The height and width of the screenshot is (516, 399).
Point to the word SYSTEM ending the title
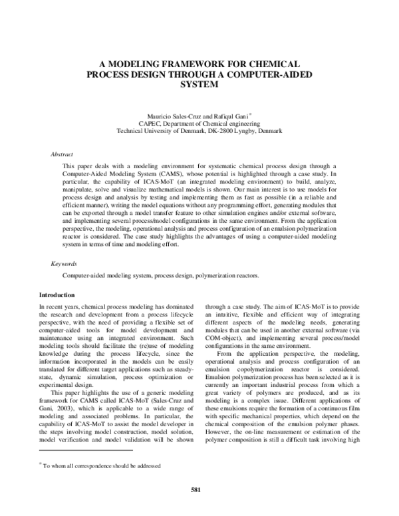click(199, 85)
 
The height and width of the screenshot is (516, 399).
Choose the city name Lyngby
click(251, 131)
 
